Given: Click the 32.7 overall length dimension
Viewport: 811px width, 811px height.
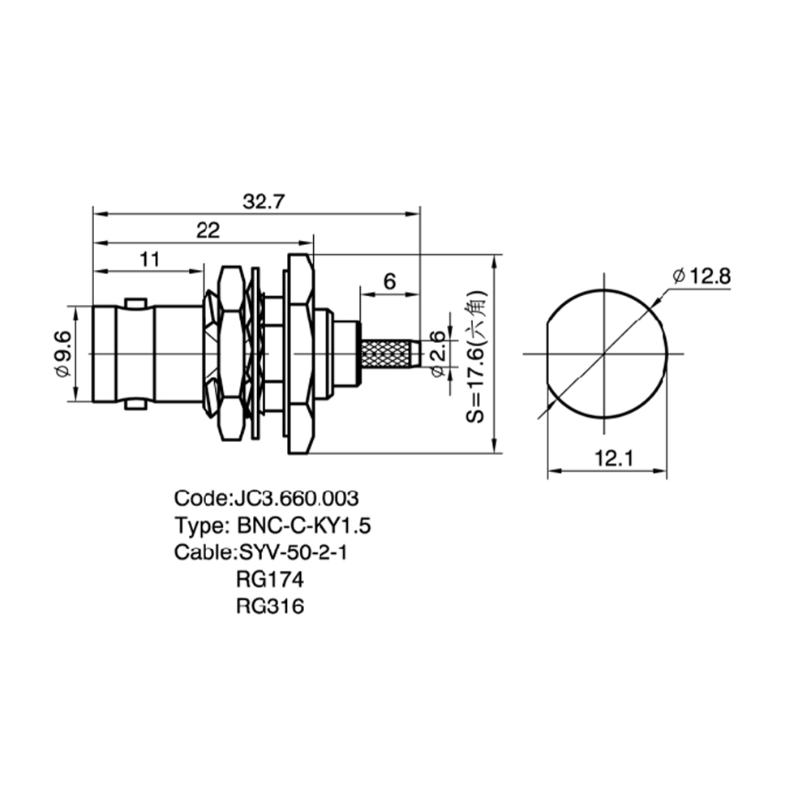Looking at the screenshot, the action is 264,201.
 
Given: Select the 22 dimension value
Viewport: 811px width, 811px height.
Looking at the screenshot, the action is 208,230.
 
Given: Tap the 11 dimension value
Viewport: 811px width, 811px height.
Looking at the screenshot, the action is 150,260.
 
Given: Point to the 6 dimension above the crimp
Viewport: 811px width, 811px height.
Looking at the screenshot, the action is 389,281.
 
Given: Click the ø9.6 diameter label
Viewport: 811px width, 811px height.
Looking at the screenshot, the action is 63,354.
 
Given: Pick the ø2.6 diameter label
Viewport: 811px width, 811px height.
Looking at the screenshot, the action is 438,354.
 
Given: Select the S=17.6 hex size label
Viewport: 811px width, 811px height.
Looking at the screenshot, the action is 475,357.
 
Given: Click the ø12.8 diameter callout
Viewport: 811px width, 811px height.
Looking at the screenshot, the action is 702,277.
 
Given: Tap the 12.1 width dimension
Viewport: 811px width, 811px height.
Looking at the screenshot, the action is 613,458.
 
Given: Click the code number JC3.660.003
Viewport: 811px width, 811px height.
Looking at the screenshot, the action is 296,499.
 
